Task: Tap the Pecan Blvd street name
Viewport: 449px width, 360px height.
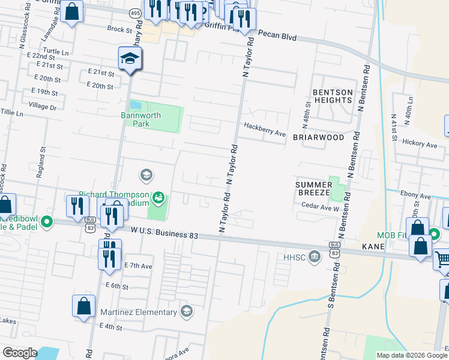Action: tap(277, 37)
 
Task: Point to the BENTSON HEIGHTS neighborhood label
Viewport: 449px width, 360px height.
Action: tap(332, 96)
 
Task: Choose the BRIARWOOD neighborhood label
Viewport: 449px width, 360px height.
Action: tap(318, 137)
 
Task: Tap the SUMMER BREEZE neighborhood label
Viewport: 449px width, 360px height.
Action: tap(312, 188)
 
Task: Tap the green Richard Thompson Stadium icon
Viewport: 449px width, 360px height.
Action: tap(158, 196)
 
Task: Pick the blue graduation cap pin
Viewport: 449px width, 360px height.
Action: tap(130, 59)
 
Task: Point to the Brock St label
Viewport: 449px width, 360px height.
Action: tap(119, 29)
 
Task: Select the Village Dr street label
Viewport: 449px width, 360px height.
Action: tap(42, 107)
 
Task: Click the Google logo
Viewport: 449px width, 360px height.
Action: tap(20, 353)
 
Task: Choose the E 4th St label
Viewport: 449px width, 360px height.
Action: tap(110, 328)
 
